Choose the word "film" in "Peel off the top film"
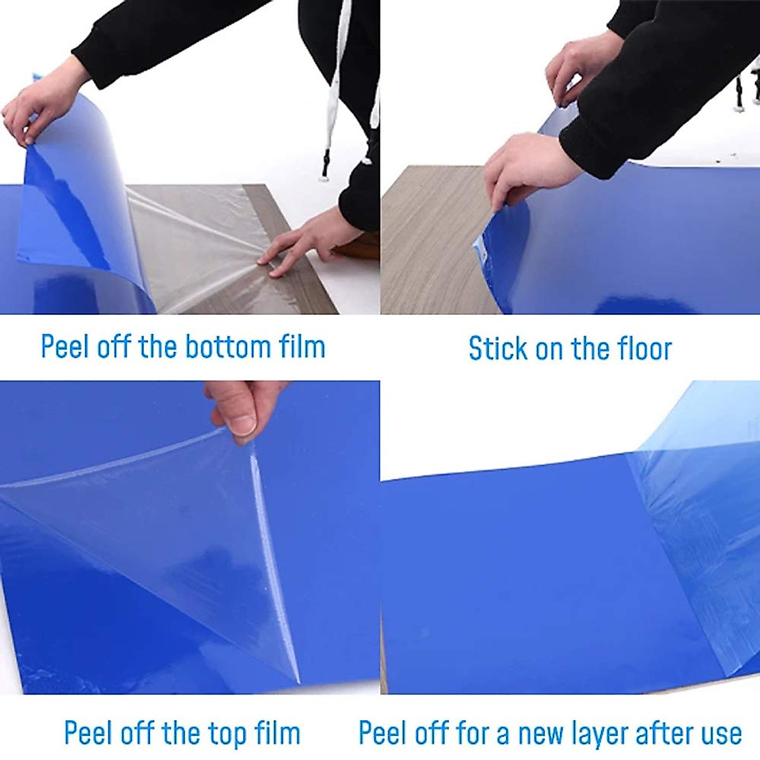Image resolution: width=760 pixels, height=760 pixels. pos(277,733)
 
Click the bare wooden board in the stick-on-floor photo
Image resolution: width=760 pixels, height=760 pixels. pos(431,241)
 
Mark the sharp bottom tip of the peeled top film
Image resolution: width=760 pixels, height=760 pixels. pos(298,681)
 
